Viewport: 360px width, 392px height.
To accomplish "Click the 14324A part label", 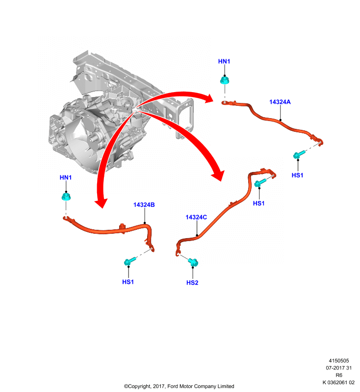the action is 280,102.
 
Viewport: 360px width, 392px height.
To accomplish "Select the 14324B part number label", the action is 144,205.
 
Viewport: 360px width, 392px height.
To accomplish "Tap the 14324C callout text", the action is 196,217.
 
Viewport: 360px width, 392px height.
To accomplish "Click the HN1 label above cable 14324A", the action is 224,62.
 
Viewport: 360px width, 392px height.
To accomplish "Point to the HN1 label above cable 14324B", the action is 66,177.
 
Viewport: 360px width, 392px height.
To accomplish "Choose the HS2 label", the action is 192,283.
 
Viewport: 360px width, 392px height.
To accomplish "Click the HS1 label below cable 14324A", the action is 297,175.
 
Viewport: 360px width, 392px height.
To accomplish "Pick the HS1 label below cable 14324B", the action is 128,282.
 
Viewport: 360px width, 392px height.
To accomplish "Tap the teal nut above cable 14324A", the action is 225,80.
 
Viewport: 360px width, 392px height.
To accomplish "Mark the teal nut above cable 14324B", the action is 66,196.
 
